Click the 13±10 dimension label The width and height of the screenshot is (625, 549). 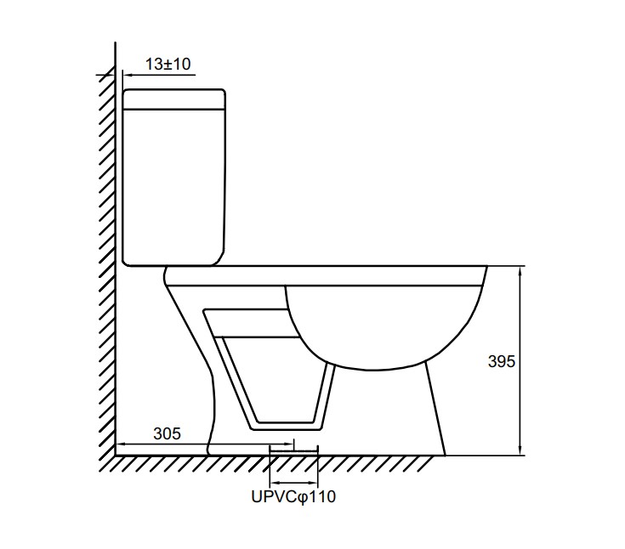pos(168,64)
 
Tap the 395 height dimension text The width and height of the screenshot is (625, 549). pos(502,361)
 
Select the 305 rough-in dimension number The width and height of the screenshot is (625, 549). pos(167,433)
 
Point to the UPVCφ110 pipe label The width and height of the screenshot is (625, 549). pos(293,497)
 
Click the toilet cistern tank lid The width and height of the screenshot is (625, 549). pos(174,99)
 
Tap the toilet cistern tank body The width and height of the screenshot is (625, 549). pos(174,187)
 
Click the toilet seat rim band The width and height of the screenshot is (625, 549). pos(326,275)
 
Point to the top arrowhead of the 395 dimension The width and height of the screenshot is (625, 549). pos(520,271)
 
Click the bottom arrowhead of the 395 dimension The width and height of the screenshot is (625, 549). pos(520,450)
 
